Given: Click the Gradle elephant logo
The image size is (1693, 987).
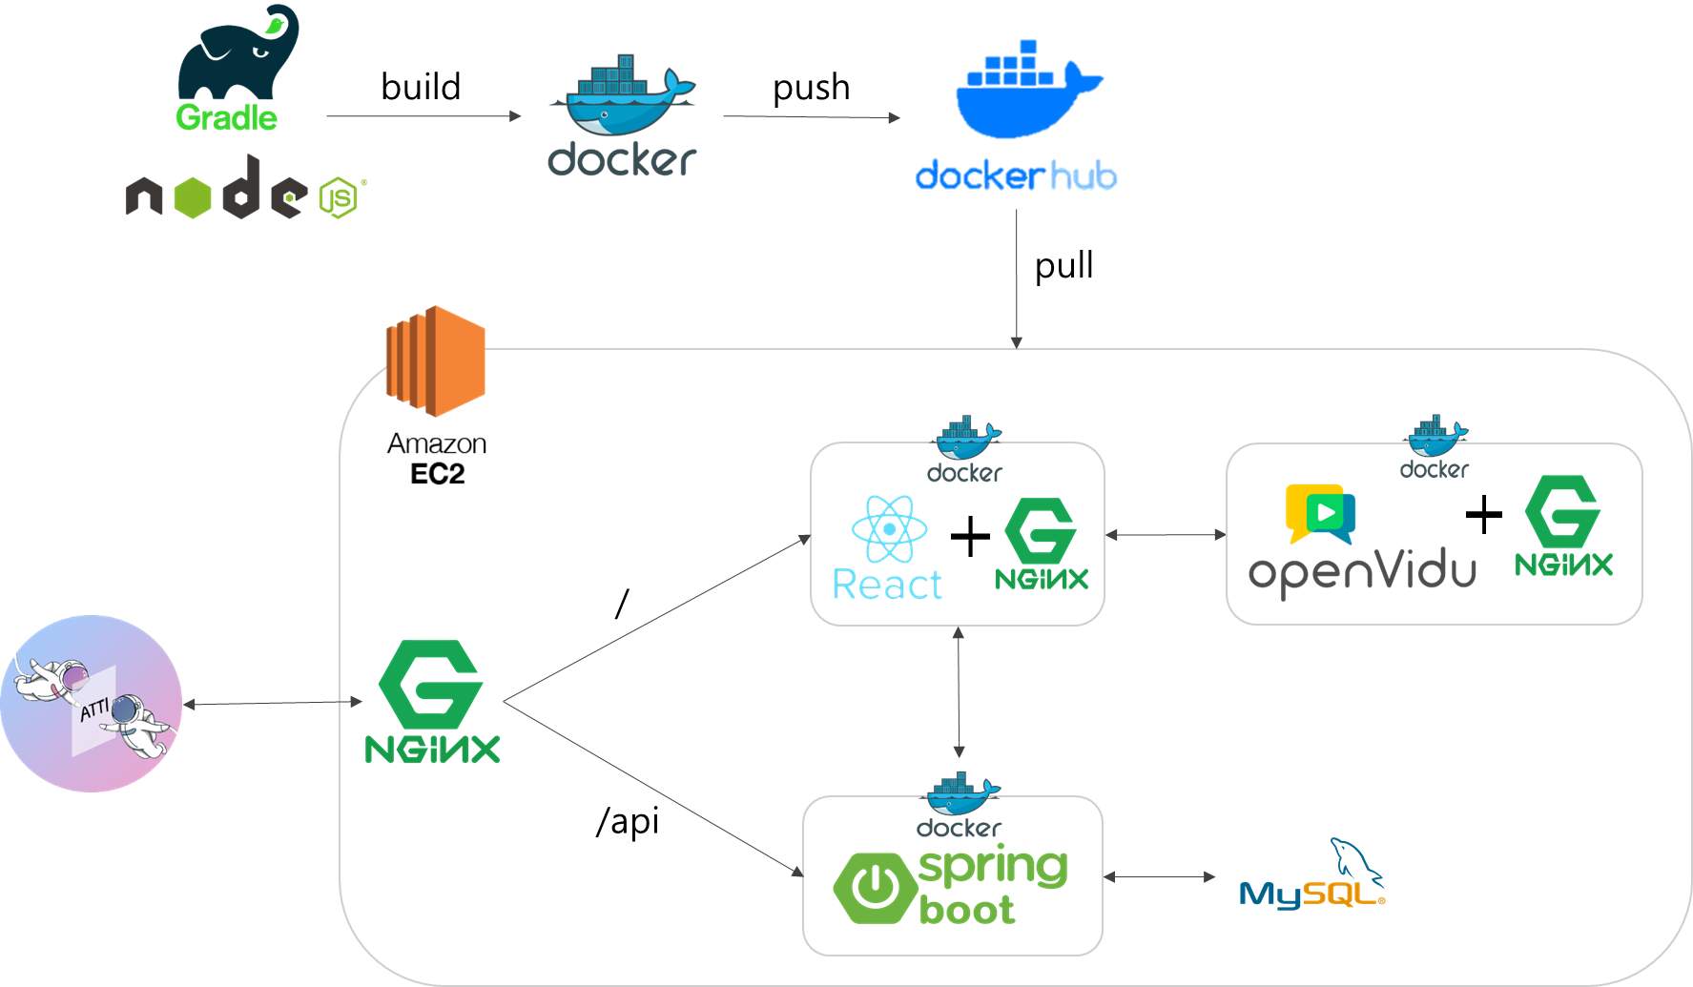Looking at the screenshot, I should [238, 52].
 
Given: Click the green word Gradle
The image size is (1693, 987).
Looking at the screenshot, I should [226, 118].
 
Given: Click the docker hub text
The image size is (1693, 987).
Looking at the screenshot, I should [1016, 176].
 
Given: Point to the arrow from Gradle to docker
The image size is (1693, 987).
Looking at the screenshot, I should [423, 116].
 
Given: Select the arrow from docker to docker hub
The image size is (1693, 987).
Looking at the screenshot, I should [811, 117].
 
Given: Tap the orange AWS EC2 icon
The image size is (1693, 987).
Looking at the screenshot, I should [436, 360].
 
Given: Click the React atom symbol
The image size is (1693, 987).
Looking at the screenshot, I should [889, 529].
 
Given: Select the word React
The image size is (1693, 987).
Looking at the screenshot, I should [887, 585].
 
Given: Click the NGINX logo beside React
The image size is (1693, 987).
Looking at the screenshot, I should [1041, 545].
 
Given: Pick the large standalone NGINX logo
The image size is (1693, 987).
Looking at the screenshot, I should [432, 702].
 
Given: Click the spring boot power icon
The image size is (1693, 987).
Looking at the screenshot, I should [872, 888].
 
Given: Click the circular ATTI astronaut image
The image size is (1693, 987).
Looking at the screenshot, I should [92, 704].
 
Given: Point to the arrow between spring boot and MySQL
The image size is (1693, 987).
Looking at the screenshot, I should [1160, 876].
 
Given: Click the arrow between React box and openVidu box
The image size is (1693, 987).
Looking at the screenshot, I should [1165, 535].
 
